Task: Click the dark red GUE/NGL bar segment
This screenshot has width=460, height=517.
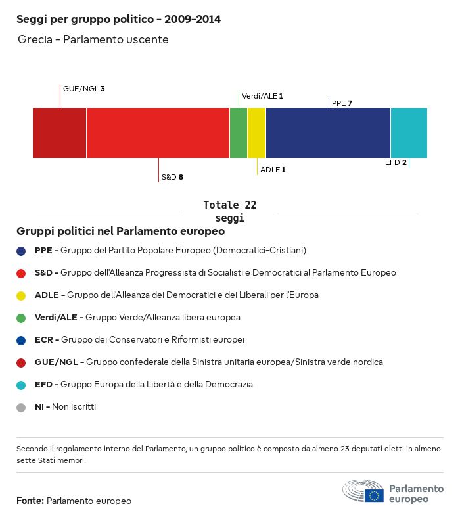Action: pos(59,133)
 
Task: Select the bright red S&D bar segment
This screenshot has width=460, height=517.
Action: pos(158,133)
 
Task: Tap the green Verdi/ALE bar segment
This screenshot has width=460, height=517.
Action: pos(238,133)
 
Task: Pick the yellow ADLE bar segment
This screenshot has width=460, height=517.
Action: pos(256,133)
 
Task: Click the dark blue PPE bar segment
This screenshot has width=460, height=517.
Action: pos(328,133)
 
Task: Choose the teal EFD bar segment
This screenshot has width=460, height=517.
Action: pos(409,133)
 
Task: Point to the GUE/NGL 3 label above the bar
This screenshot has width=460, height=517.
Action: pos(83,88)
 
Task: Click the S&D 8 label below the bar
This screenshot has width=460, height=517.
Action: pos(172,177)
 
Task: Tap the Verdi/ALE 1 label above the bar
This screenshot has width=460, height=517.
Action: pos(262,96)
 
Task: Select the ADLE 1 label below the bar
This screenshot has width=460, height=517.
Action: pos(273,170)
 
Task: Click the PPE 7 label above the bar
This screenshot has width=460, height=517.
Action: pos(342,103)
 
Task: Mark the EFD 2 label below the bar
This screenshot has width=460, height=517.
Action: pos(396,162)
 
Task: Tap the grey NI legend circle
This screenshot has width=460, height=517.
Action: pos(22,407)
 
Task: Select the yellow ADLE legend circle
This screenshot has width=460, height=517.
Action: pos(22,295)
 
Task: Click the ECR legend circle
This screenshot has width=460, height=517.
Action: pos(22,340)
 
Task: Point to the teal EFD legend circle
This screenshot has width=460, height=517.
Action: pos(22,385)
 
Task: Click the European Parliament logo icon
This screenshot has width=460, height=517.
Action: pos(363,491)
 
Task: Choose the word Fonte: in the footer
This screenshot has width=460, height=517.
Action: pos(30,501)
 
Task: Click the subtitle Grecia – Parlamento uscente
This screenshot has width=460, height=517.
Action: pos(93,39)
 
